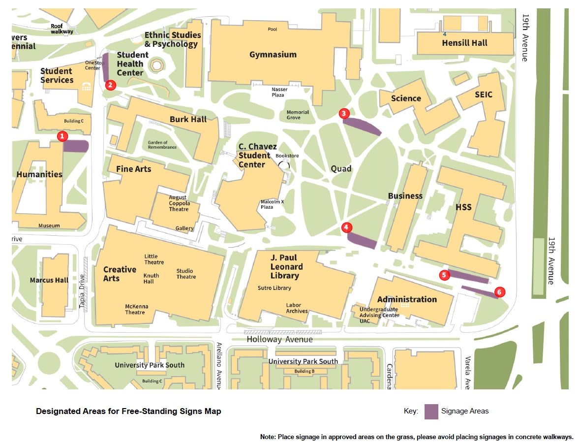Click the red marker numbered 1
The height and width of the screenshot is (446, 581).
coord(62,136)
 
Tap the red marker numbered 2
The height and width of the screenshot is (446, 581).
coord(110,85)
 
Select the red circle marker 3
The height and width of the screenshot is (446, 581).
coord(344,113)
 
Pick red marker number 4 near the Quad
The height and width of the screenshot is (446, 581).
coord(347,227)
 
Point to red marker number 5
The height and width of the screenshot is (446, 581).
coord(444,275)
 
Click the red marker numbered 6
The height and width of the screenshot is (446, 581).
coord(499,292)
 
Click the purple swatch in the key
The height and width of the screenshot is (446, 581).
coord(431,411)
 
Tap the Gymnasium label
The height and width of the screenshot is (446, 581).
coord(273,55)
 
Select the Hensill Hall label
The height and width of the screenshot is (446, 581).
coord(464,43)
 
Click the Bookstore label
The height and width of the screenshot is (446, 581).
coord(287,156)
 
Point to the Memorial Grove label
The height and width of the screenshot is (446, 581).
coord(298,115)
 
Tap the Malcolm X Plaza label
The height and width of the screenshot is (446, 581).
coord(273,204)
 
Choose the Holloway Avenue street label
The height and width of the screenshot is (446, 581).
coord(279,339)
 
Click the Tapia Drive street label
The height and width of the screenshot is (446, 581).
coord(82,291)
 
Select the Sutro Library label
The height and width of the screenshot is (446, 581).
coord(274,288)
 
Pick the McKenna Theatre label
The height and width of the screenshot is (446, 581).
coord(135,309)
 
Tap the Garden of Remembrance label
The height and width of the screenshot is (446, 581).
coord(162,145)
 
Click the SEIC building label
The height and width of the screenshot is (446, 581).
coord(483,95)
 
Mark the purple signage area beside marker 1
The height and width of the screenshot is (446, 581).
coord(76,146)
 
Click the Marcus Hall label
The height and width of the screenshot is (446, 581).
coord(49,280)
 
